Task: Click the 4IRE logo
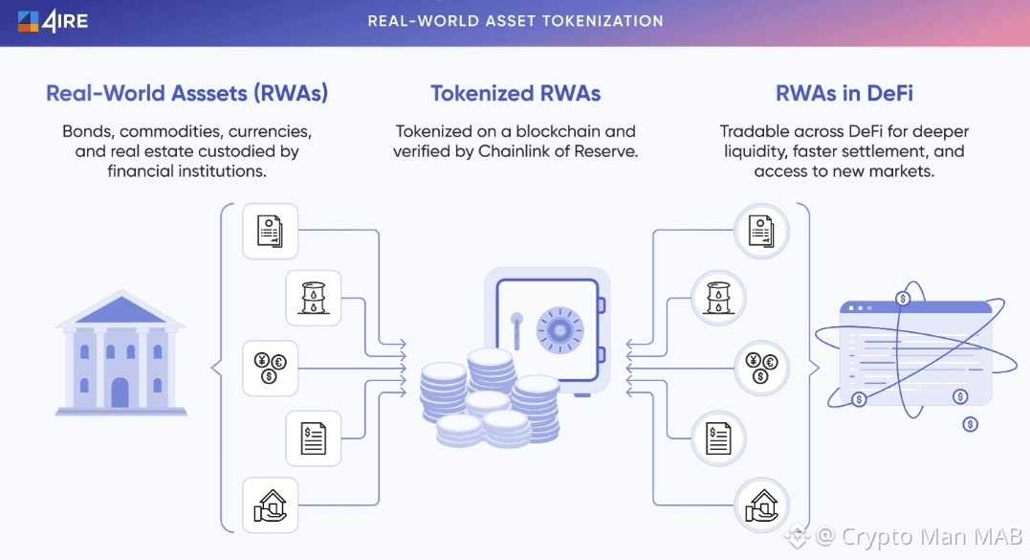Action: point(53,20)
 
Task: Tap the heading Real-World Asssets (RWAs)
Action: point(187,93)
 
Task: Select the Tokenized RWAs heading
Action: point(515,93)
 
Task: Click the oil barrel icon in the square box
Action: point(313,298)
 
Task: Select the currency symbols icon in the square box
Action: point(270,368)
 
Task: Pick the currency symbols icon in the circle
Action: point(761,368)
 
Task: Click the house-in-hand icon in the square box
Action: point(270,505)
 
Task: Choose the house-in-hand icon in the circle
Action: point(761,505)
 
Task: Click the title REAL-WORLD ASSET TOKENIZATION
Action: point(515,20)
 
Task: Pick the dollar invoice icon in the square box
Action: point(313,437)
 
